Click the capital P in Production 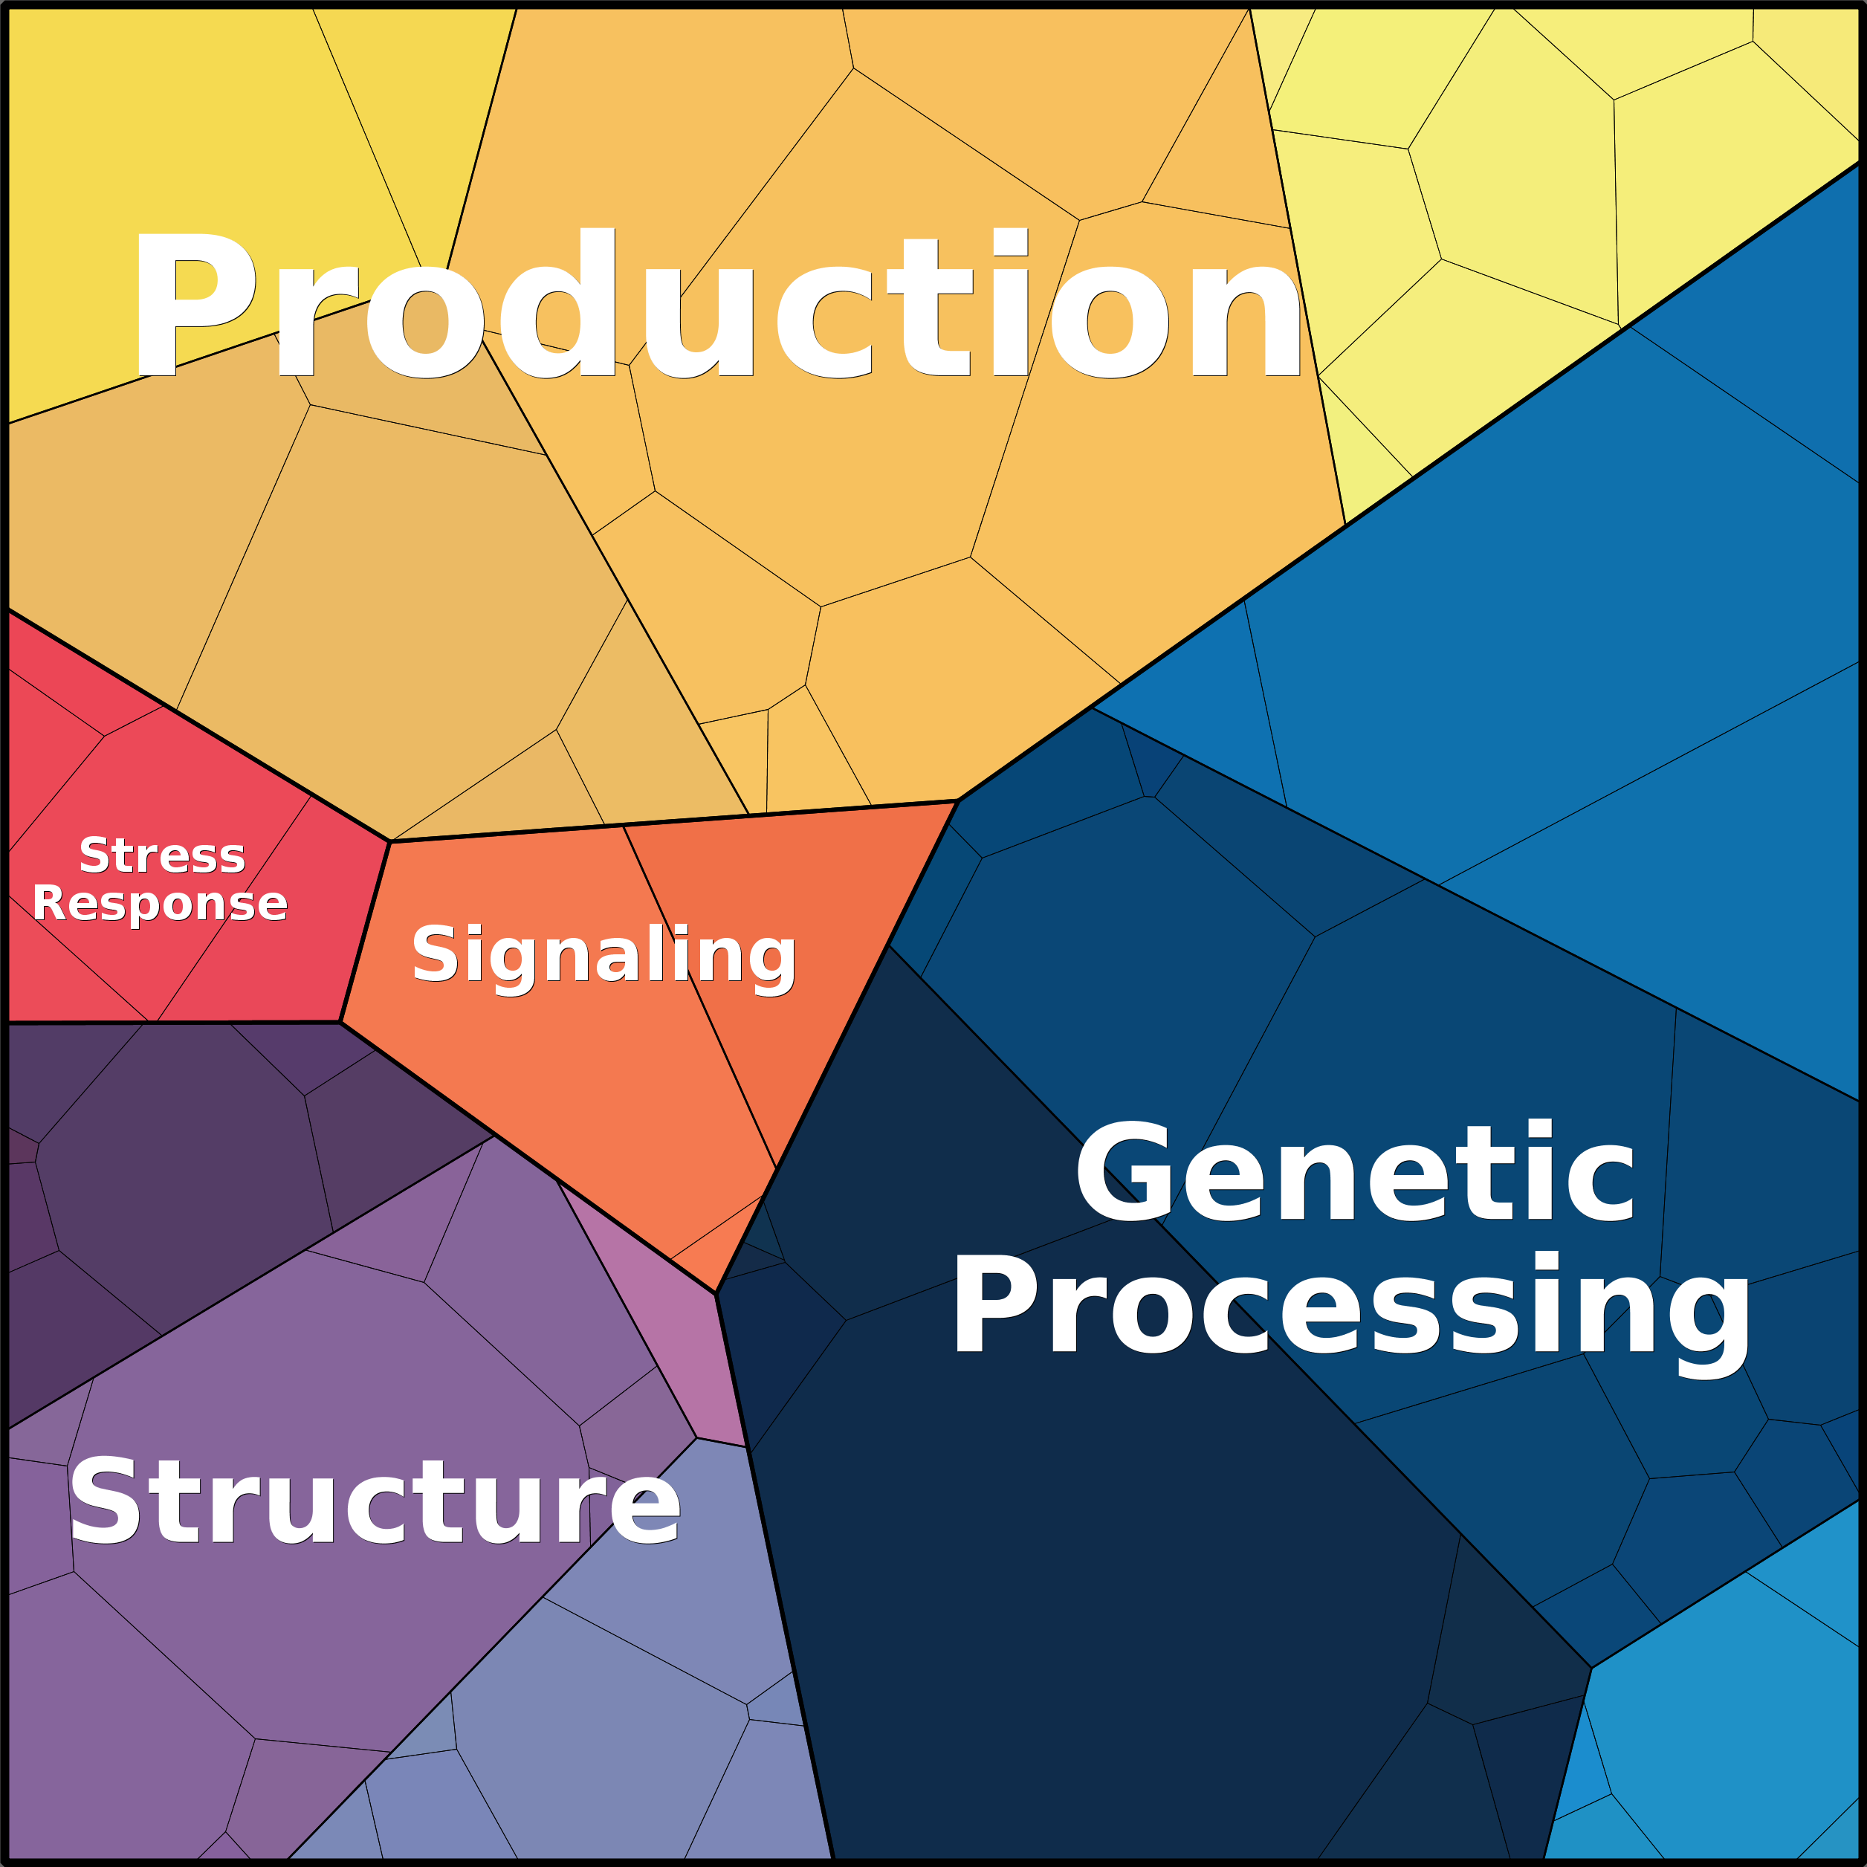193,305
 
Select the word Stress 162,856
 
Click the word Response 161,905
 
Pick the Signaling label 604,955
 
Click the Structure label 375,1502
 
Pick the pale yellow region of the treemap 1546,193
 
